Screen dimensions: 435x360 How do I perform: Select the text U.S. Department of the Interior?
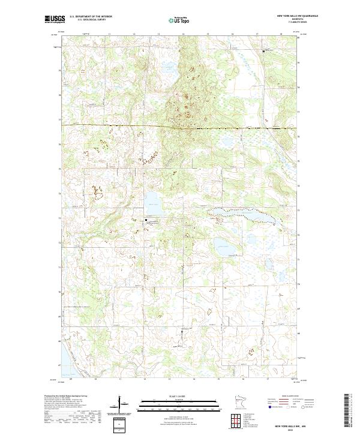click(x=91, y=17)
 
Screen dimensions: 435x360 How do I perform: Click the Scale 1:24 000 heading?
click(x=180, y=395)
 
